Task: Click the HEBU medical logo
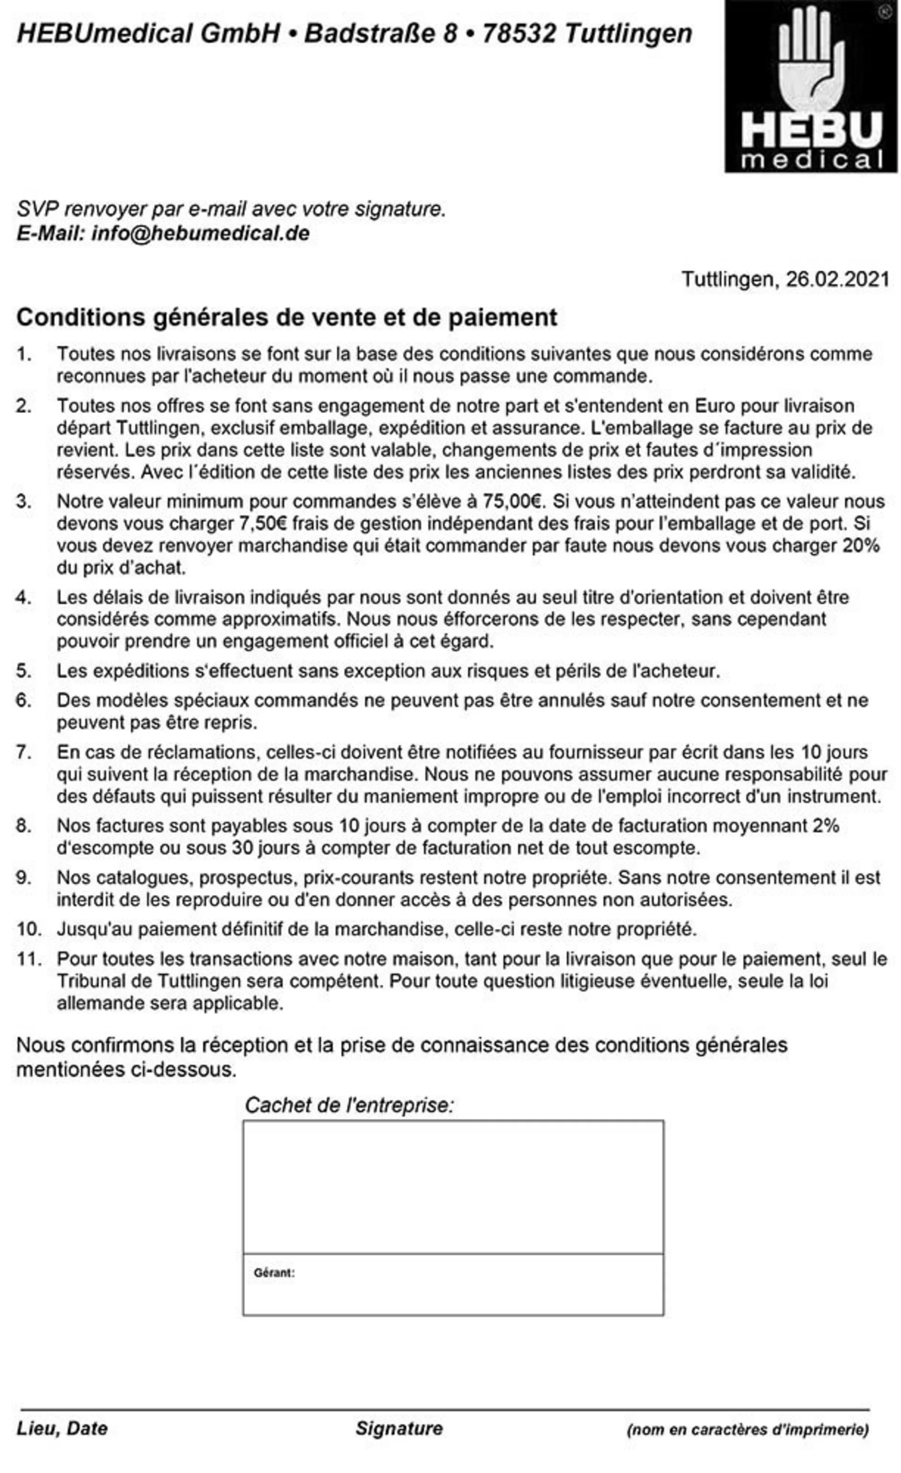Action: (811, 87)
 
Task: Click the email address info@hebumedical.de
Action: (200, 233)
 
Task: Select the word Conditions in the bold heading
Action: (79, 317)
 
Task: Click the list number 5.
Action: (23, 671)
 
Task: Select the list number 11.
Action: (29, 959)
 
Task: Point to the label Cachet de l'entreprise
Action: (350, 1105)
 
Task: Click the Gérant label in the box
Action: (274, 1273)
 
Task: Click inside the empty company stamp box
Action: (453, 1187)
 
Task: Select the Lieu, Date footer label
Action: (62, 1428)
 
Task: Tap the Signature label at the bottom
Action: (399, 1428)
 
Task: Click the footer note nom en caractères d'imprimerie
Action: (748, 1429)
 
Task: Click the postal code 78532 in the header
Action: (519, 33)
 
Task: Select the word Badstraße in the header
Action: (372, 33)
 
